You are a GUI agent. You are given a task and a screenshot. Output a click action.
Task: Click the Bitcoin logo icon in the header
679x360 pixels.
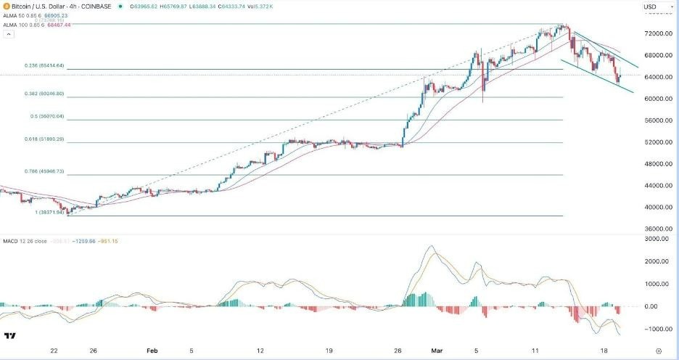coord(6,7)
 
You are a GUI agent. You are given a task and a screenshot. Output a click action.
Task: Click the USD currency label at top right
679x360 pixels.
coord(650,7)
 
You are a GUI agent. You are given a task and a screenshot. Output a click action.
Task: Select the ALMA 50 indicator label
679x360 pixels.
coord(16,15)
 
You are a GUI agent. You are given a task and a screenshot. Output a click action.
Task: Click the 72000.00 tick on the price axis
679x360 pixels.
coord(657,34)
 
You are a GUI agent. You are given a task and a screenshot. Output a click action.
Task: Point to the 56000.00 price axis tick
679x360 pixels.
coord(657,120)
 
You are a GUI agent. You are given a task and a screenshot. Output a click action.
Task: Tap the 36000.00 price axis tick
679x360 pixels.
coord(657,229)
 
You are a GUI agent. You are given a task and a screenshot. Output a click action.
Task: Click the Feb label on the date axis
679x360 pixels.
coord(152,349)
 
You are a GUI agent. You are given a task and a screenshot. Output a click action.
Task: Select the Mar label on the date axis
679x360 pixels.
coord(428,349)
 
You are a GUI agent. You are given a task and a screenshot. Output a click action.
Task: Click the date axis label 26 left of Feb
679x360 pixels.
coord(93,349)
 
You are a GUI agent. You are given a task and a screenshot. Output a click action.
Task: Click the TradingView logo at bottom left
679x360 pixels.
coord(10,335)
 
